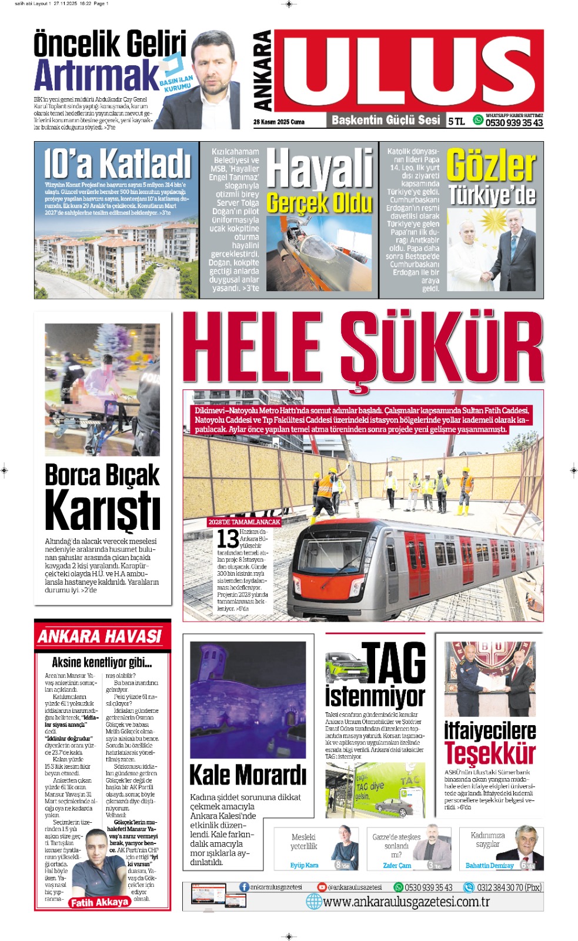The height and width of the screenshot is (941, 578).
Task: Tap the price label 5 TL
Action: [x=456, y=121]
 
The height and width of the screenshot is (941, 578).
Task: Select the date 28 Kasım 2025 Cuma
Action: [x=279, y=122]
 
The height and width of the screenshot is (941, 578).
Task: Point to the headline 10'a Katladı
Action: [x=117, y=163]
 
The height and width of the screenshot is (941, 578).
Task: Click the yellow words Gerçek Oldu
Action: [x=319, y=203]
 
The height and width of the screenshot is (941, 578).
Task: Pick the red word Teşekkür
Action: [x=490, y=753]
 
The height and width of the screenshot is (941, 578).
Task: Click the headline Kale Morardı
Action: [x=248, y=775]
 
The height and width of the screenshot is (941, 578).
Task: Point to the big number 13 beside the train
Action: [x=228, y=539]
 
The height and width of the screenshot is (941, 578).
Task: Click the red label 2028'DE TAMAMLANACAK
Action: [x=244, y=522]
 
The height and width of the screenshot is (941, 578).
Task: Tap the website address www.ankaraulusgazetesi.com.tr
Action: [x=406, y=902]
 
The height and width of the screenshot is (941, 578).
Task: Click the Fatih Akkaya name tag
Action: [x=99, y=902]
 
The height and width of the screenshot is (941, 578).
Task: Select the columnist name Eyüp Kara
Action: [x=304, y=865]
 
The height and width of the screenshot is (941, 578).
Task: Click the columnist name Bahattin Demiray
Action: [x=489, y=865]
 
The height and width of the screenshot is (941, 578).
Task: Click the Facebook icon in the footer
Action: [x=244, y=887]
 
